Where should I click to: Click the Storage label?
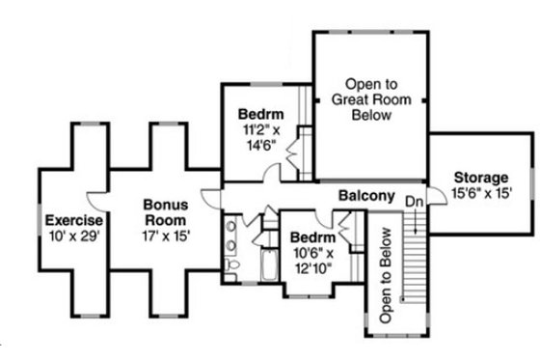[479, 178]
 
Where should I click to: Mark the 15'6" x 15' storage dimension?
[479, 193]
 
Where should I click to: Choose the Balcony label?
[366, 196]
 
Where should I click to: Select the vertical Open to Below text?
[386, 275]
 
